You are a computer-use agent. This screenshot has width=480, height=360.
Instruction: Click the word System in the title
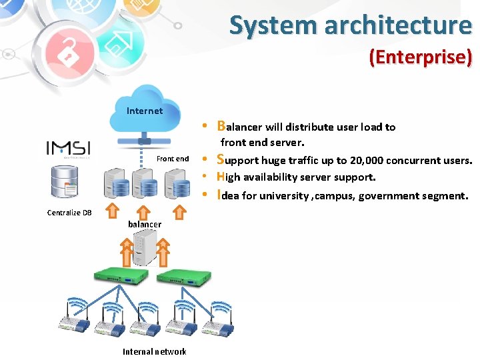274,25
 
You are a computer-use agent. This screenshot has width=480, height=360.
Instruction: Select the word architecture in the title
398,25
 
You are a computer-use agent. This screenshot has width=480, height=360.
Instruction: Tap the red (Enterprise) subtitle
420,57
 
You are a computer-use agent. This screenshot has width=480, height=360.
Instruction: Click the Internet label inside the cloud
144,111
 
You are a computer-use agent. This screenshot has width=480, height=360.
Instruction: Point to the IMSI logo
68,149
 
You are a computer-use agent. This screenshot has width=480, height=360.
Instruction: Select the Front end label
173,159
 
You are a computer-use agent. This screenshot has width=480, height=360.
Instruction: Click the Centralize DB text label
69,213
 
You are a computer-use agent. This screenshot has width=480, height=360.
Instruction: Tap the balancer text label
145,225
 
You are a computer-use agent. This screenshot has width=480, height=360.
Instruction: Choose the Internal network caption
155,351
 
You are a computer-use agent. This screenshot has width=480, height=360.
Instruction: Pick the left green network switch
117,275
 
